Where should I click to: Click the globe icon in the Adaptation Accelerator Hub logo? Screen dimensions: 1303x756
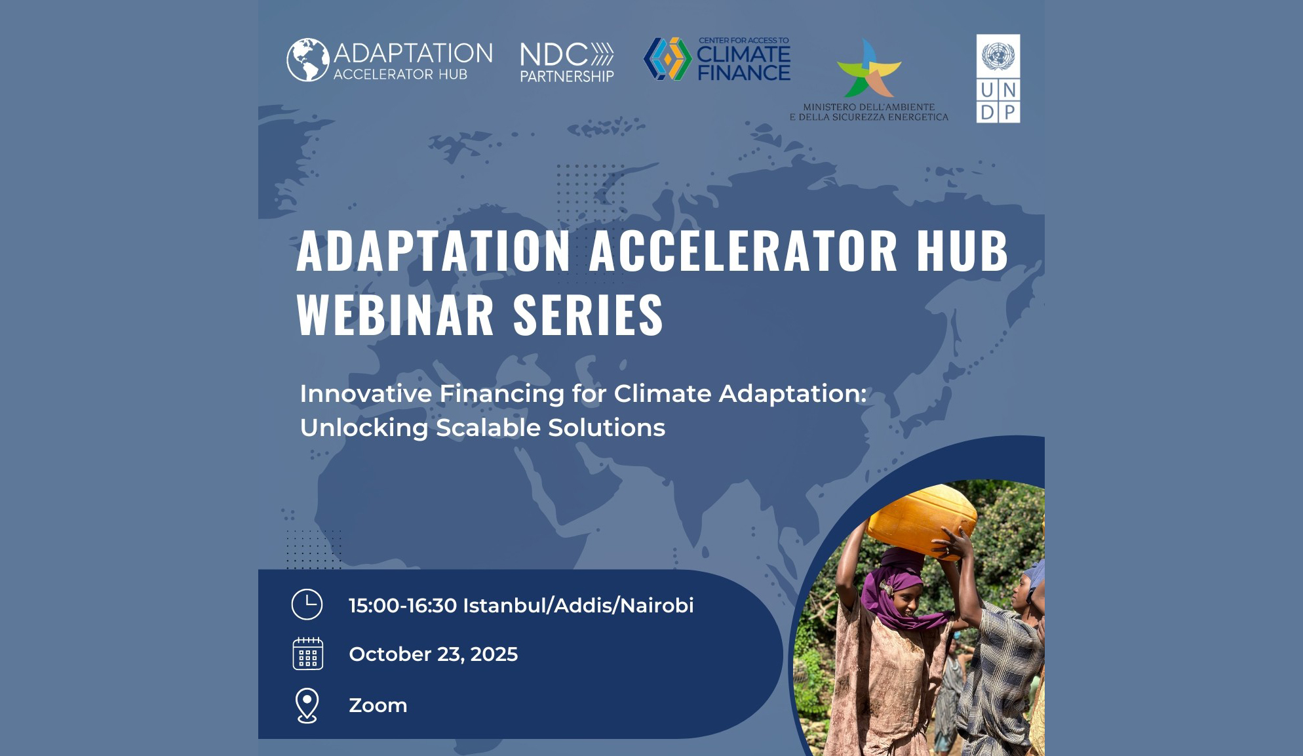(x=308, y=60)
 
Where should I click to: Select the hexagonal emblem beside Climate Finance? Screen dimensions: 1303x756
(x=668, y=59)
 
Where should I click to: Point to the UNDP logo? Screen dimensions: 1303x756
(x=998, y=79)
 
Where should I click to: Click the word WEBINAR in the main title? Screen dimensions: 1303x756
(x=395, y=315)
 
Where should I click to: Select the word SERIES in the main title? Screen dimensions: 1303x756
(x=589, y=315)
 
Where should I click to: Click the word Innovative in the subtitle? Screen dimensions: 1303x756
(x=366, y=393)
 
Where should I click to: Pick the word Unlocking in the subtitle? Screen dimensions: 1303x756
(x=364, y=428)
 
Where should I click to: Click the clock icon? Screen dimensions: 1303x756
(x=307, y=605)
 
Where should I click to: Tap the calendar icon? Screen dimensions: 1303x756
(x=307, y=654)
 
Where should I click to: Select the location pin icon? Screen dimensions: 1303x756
(x=307, y=706)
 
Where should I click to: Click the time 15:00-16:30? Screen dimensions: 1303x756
(x=402, y=605)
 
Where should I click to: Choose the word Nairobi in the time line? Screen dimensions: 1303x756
(x=657, y=605)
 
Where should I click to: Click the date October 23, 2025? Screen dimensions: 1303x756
(x=433, y=654)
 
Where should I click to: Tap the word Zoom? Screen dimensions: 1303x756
(x=378, y=706)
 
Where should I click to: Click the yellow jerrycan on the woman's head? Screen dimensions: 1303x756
(x=923, y=521)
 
